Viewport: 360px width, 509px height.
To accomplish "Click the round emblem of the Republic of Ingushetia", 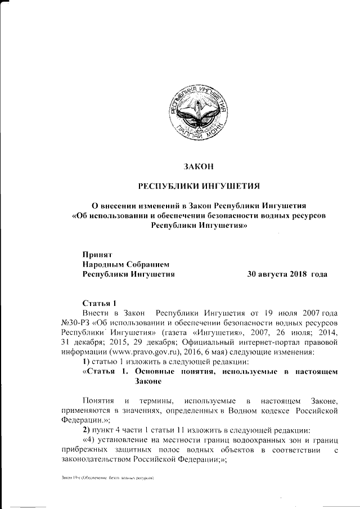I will [x=191, y=111].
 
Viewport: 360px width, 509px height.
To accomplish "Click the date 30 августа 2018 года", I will [x=287, y=274].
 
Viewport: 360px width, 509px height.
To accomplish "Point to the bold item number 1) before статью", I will [x=87, y=362].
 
